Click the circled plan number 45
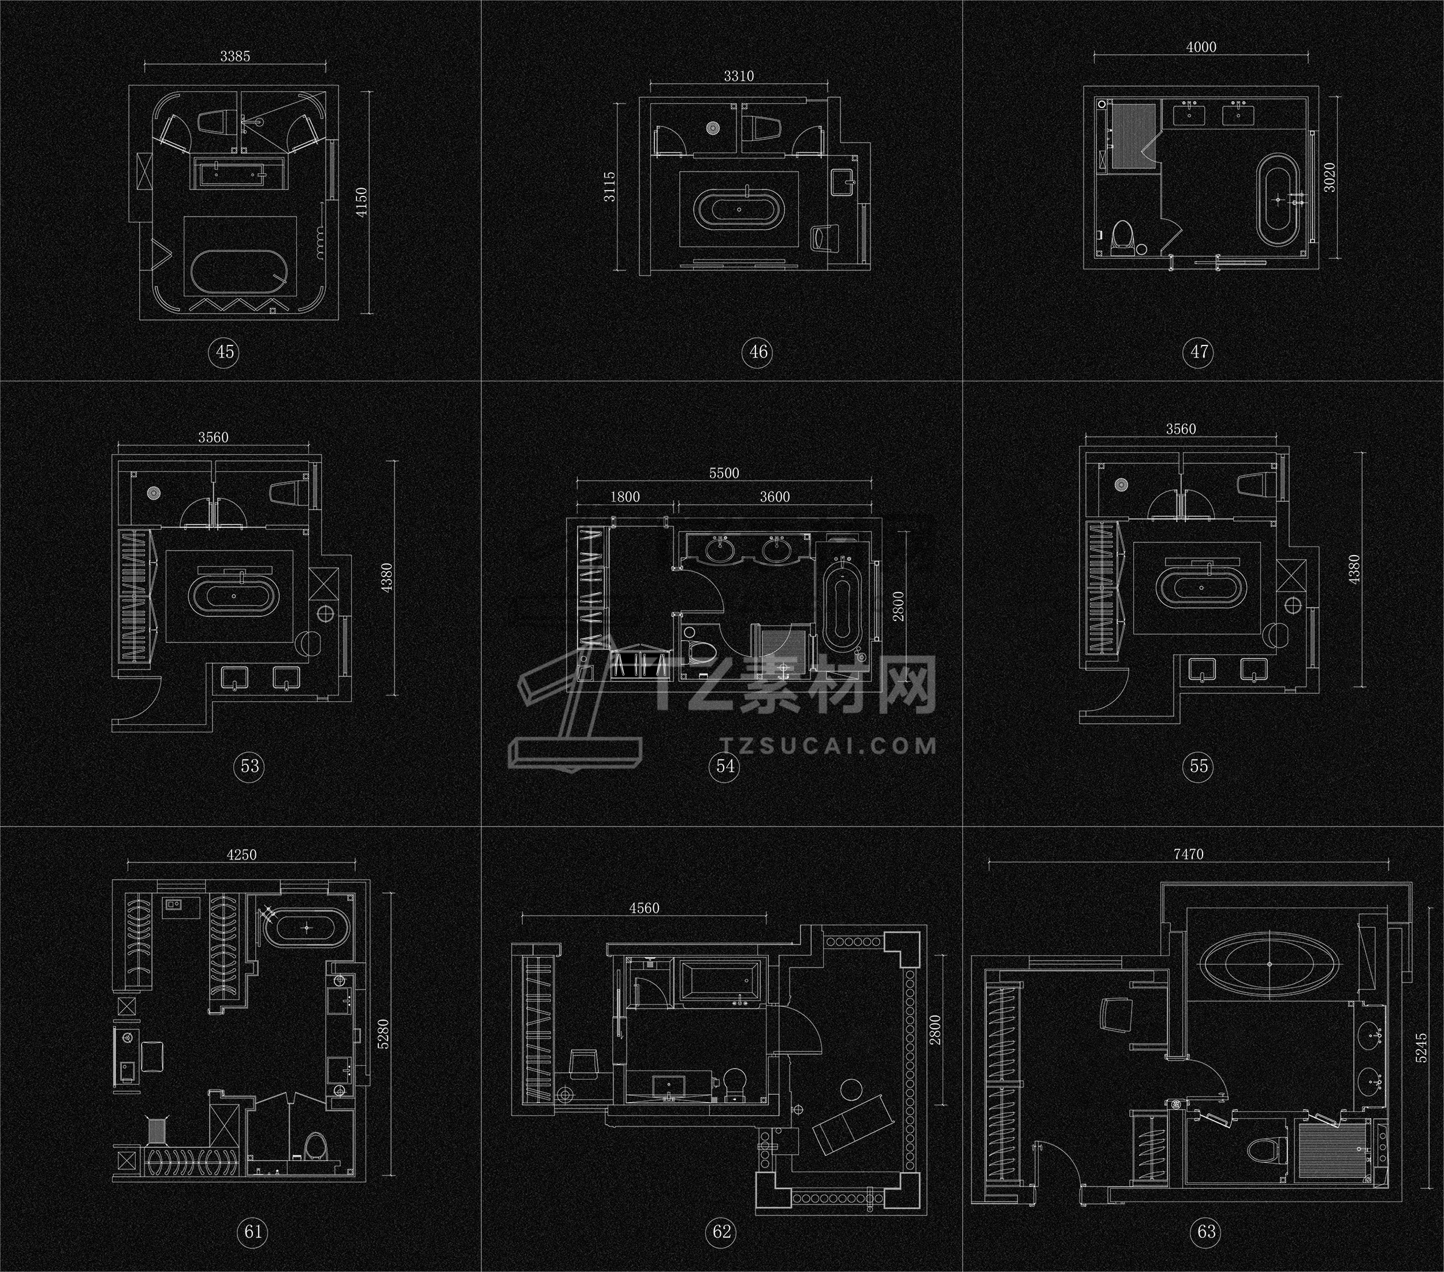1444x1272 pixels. coord(225,351)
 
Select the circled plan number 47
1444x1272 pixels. coord(1199,351)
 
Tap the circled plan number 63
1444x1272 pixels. coord(1207,1232)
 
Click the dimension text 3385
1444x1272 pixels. coord(235,57)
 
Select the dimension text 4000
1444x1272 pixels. coord(1201,47)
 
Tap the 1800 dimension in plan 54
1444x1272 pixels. coord(624,497)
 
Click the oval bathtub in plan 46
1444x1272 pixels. coord(739,209)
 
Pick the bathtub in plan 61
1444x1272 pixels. coord(307,927)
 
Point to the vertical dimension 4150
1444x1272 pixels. coord(362,202)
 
